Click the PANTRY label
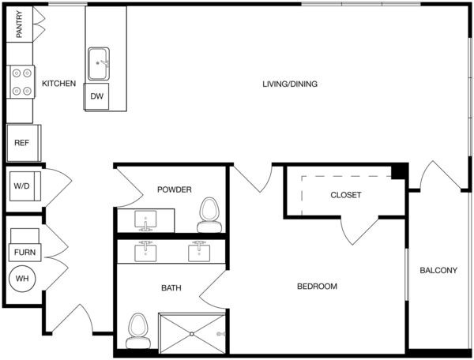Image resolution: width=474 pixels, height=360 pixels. pos(19,24)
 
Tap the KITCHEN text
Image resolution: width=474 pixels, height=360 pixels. pos(59,84)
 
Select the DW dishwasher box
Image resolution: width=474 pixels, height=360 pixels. pos(96,96)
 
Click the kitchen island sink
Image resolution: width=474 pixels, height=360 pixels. pos(99,64)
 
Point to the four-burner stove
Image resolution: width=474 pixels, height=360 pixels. pos(21,82)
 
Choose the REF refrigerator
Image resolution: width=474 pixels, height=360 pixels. pos(24,143)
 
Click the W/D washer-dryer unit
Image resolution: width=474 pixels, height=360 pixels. pos(24,186)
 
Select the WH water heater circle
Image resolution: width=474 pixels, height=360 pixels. pos(22,279)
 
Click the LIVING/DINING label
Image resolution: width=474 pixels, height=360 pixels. pos(290,84)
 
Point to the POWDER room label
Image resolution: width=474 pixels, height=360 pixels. pos(175,189)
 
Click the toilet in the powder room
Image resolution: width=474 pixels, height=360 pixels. pos(209,215)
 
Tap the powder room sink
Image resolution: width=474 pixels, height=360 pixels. pos(145,221)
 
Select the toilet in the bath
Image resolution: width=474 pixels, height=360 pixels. pos(137,331)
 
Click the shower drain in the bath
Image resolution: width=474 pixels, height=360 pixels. pos(192,334)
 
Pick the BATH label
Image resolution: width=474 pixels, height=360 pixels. pos(171,288)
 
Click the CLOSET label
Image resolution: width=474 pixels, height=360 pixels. pos(346,195)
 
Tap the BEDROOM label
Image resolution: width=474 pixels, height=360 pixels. pos(317,287)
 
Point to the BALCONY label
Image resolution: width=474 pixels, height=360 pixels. pos(438,270)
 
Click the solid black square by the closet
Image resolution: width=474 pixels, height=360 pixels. pos(400,171)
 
